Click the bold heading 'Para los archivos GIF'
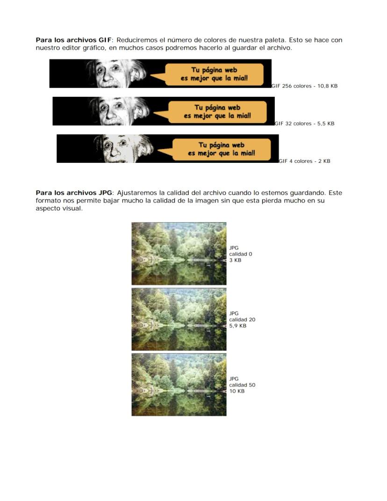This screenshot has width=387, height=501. (x=73, y=40)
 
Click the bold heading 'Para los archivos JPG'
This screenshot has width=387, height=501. (x=73, y=193)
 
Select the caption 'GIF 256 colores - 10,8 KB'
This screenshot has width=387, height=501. (x=304, y=87)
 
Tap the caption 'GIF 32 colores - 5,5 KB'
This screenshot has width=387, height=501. (x=304, y=124)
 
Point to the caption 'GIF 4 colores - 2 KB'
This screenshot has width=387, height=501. (x=304, y=161)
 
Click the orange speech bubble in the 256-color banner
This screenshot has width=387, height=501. (x=215, y=74)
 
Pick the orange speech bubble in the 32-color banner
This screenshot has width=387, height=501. (x=217, y=112)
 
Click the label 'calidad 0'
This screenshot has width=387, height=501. (x=241, y=254)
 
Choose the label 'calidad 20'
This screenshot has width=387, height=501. (x=242, y=319)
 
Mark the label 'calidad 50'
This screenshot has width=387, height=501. (x=242, y=385)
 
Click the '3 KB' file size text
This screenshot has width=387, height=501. (x=235, y=260)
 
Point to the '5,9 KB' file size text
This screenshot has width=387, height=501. (x=237, y=326)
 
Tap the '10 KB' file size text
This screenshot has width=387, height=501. (x=236, y=391)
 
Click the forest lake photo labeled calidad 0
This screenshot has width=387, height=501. (x=179, y=254)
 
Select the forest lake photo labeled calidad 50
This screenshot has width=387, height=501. (x=179, y=385)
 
